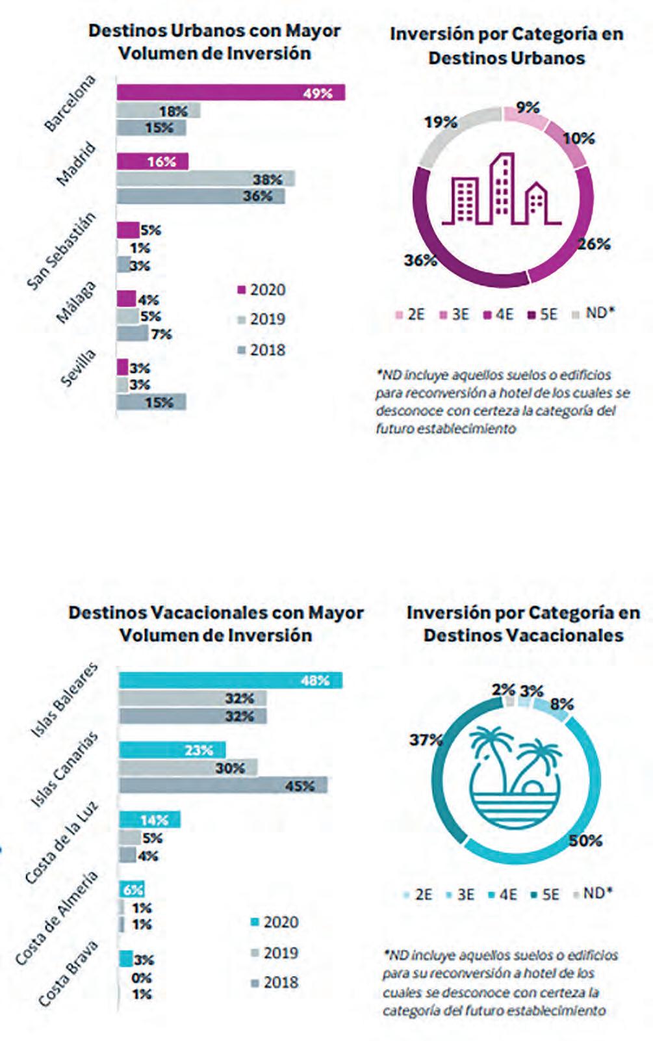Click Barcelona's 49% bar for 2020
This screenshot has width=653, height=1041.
click(231, 92)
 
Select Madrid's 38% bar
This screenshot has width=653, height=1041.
click(205, 179)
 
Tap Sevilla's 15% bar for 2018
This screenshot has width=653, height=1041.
click(151, 402)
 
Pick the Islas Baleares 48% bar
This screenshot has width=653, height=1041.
click(231, 680)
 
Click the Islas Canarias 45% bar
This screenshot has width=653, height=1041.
click(224, 785)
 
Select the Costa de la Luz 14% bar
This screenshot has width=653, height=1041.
click(149, 820)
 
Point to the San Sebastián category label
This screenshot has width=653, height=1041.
click(61, 252)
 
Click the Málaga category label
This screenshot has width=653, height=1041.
click(77, 302)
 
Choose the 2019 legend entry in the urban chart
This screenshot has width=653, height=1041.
click(261, 319)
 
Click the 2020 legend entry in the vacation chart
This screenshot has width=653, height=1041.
click(274, 922)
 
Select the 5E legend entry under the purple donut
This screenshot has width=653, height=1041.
click(542, 315)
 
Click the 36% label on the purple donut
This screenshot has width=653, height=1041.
click(420, 260)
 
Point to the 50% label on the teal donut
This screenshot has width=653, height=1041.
click(585, 840)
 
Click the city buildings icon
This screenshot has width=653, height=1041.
click(502, 189)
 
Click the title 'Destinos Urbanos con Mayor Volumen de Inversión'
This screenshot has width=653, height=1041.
click(214, 42)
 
